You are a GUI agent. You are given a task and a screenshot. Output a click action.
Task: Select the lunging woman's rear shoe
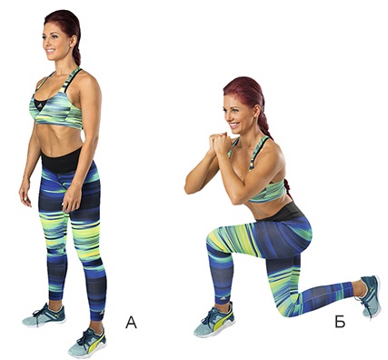click(370, 295)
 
